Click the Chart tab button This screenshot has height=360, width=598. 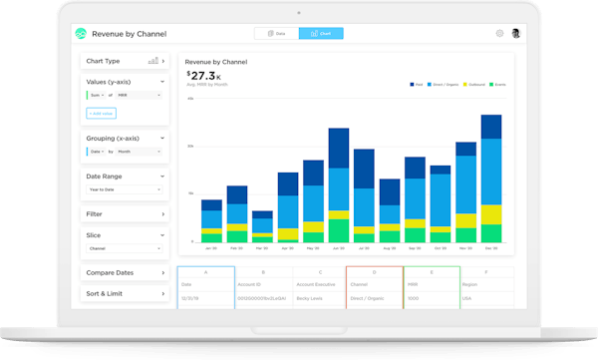(321, 33)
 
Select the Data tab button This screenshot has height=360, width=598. (276, 33)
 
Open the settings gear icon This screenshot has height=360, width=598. (499, 33)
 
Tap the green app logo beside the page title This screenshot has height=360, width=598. (81, 33)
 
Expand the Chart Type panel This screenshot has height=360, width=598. (125, 61)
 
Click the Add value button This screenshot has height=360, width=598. (101, 113)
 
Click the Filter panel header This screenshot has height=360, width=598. (125, 213)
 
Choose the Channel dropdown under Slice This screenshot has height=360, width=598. (125, 248)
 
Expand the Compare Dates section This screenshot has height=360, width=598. (125, 272)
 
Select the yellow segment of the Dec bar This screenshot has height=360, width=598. (490, 213)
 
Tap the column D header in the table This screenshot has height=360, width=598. (375, 271)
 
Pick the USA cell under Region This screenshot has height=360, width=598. (468, 297)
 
